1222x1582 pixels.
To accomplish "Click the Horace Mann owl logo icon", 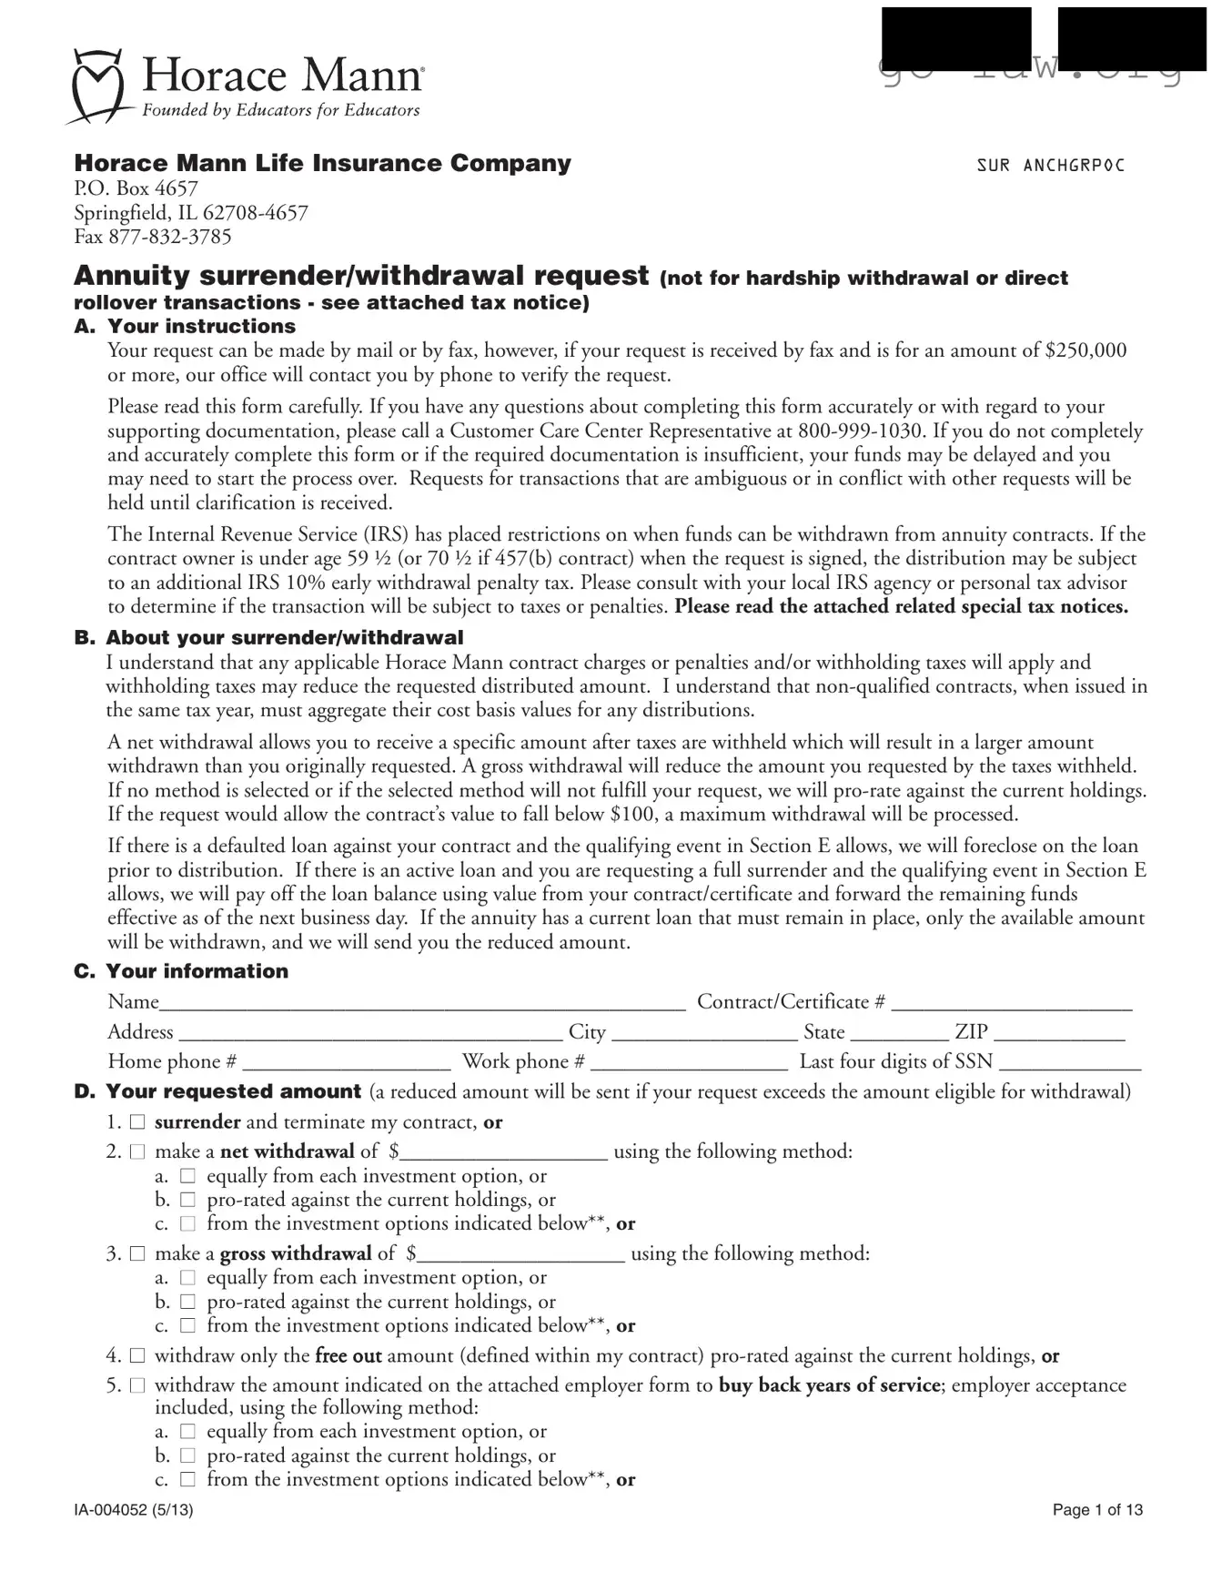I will (x=97, y=86).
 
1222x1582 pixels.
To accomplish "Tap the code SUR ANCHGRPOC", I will (x=1050, y=166).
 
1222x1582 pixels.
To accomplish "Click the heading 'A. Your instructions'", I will (x=185, y=326).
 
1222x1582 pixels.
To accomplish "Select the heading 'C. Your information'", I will (x=181, y=971).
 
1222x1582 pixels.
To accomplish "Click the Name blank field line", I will (x=422, y=1003).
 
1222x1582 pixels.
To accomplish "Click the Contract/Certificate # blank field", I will (x=1011, y=1003).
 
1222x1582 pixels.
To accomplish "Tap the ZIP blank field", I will (x=1059, y=1033).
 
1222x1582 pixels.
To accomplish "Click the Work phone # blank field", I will (x=689, y=1063).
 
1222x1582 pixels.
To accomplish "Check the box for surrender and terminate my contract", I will (x=137, y=1122).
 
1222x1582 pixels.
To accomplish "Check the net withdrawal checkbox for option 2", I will (x=137, y=1151).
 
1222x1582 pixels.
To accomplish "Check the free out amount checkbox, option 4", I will (x=137, y=1356).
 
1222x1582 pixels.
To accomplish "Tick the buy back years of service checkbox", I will (x=137, y=1385).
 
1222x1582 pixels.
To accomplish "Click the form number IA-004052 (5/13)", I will (x=133, y=1510).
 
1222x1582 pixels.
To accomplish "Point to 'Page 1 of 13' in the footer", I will (x=1096, y=1510).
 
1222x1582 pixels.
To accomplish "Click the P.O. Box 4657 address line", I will (x=136, y=188).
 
